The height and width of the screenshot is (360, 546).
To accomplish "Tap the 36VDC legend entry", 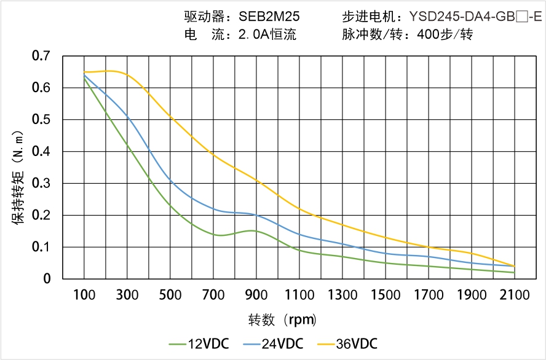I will pyautogui.click(x=347, y=343).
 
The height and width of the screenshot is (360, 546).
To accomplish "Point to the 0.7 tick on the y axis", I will pyautogui.click(x=41, y=56).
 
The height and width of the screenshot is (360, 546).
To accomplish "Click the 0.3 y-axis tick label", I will pyautogui.click(x=41, y=183).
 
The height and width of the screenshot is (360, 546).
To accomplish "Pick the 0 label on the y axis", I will pyautogui.click(x=47, y=279).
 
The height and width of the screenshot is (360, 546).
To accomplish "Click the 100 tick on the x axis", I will pyautogui.click(x=84, y=295).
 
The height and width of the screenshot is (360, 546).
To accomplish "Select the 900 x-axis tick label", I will pyautogui.click(x=256, y=295).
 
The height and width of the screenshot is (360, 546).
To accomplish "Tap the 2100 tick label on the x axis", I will pyautogui.click(x=515, y=295).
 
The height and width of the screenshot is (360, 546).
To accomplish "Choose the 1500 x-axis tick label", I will pyautogui.click(x=386, y=295).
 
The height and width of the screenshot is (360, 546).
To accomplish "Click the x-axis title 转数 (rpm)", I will pyautogui.click(x=283, y=319).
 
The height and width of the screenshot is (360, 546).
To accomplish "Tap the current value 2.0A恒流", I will pyautogui.click(x=267, y=34).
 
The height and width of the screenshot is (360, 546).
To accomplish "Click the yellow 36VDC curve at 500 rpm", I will pyautogui.click(x=170, y=117).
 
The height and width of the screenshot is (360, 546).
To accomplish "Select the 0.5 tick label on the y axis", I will pyautogui.click(x=41, y=120).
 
